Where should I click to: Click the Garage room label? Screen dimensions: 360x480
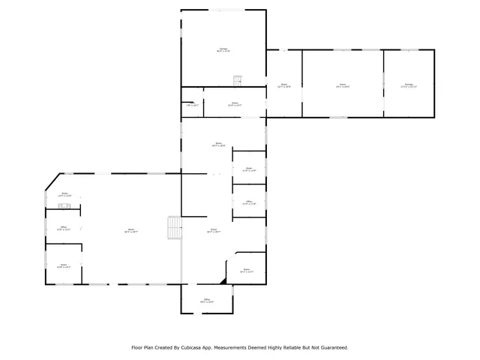223,49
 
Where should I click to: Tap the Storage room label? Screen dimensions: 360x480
409,85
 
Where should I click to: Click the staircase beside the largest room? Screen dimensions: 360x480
174,226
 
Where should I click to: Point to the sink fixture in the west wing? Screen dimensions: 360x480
65,205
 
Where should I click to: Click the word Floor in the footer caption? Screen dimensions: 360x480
137,347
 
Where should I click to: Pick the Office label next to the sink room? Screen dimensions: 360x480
64,228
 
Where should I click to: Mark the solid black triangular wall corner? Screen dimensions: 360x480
223,280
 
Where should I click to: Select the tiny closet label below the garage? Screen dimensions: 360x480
192,105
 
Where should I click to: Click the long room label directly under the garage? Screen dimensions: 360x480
235,104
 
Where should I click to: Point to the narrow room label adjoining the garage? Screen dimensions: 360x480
284,85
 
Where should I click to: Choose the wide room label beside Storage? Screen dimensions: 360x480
343,85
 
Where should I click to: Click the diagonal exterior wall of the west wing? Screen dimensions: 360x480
52,181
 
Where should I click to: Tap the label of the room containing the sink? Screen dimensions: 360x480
65,194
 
